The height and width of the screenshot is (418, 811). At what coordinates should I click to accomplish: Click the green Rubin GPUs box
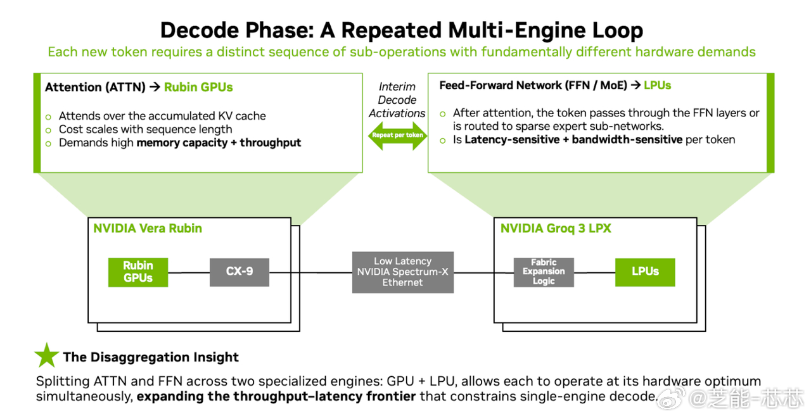137,272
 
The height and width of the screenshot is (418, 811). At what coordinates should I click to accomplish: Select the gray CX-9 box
239,272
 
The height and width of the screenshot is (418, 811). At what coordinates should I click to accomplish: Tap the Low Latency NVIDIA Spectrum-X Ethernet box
402,272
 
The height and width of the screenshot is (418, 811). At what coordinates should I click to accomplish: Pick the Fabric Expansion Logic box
544,272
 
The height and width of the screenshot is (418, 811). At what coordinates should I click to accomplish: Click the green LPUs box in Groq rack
645,272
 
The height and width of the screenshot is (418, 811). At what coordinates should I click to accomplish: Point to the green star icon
46,356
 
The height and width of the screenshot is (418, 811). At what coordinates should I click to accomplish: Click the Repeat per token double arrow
397,136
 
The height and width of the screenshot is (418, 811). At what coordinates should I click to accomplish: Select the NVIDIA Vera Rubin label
148,229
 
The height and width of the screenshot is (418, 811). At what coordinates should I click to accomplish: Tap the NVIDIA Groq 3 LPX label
556,229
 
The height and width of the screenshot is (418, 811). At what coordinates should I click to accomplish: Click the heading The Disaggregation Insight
151,357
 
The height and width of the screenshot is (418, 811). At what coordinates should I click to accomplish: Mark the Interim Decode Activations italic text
397,100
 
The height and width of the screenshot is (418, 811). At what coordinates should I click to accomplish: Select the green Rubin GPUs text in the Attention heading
198,87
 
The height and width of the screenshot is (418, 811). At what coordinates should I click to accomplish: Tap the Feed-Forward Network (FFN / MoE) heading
532,85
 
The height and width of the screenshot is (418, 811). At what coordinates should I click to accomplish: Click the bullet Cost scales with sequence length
145,129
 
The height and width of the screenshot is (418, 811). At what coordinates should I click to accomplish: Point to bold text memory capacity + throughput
219,142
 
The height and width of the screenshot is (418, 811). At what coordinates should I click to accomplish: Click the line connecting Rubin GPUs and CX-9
189,272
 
